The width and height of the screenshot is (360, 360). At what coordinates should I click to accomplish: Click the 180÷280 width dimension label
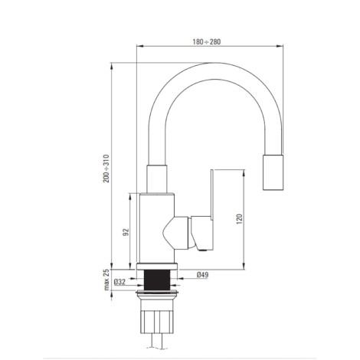pos(207,41)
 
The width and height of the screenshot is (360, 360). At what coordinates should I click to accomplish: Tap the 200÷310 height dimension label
pos(106,169)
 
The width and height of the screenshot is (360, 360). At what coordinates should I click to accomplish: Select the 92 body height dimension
pos(126,232)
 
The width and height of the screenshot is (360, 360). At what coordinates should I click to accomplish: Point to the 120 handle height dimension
pos(239,219)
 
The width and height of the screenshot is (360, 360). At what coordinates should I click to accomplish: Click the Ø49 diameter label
pos(203,275)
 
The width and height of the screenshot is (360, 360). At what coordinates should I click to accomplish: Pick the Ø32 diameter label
pos(119,282)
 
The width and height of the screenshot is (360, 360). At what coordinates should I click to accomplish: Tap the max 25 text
pos(106,280)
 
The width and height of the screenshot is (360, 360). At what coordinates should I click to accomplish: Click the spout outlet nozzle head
pos(273,172)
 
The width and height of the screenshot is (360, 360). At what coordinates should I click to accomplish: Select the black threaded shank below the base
pos(157,280)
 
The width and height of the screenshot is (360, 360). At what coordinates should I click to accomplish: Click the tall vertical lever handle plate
pos(212,195)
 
